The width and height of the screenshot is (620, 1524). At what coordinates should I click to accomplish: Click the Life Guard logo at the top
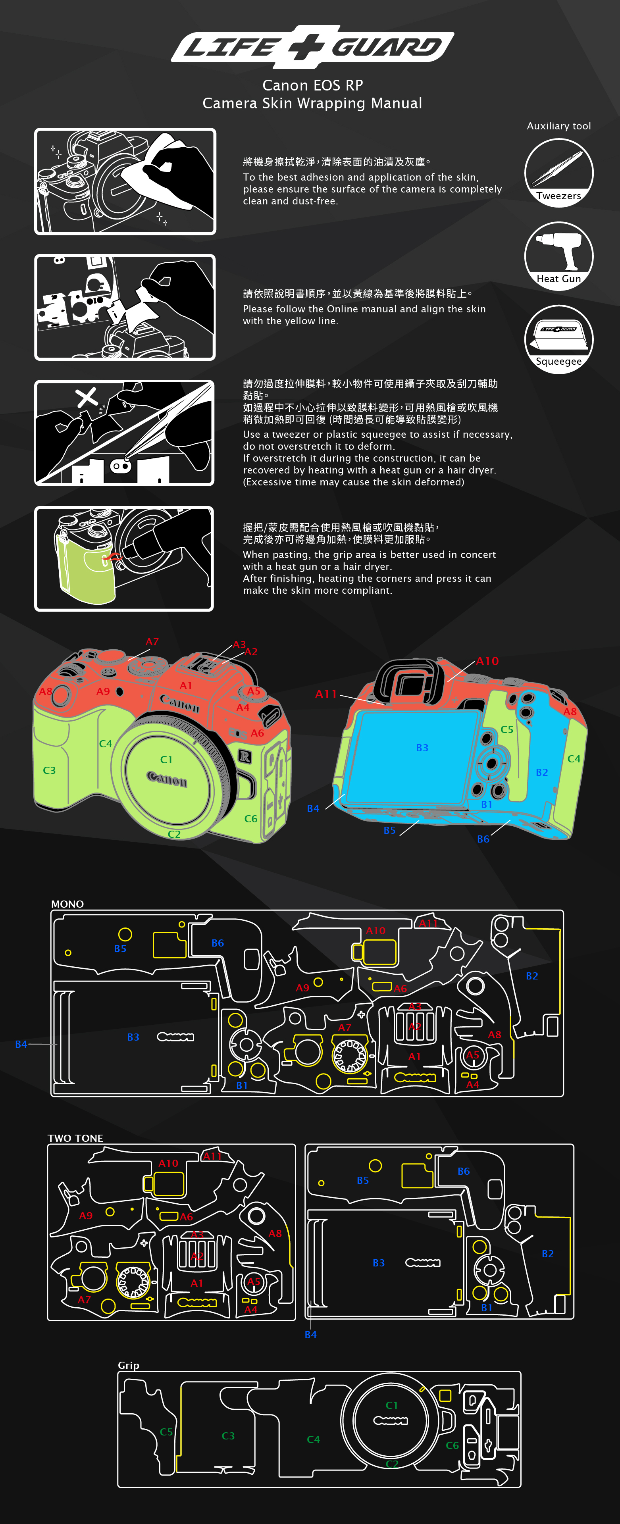tap(312, 47)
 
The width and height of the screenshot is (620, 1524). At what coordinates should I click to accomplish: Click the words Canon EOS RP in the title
tap(312, 85)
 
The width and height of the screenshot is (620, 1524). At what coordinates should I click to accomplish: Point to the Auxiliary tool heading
tap(558, 126)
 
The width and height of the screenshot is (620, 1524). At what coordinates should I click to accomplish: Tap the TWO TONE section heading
tap(75, 1138)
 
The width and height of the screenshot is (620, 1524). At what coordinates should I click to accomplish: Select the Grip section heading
tap(128, 1365)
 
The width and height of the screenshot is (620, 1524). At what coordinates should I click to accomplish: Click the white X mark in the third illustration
tap(87, 397)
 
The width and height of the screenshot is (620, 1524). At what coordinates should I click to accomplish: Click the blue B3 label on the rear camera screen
tap(422, 748)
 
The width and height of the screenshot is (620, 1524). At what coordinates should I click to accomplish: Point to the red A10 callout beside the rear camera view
tap(487, 661)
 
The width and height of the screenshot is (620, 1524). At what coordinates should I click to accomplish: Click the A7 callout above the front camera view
tap(152, 642)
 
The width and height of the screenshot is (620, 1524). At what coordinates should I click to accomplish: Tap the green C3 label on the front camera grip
tap(49, 770)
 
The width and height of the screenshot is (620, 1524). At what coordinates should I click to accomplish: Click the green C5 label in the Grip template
tap(166, 1432)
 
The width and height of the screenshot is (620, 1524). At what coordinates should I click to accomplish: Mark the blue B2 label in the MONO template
tap(532, 976)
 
